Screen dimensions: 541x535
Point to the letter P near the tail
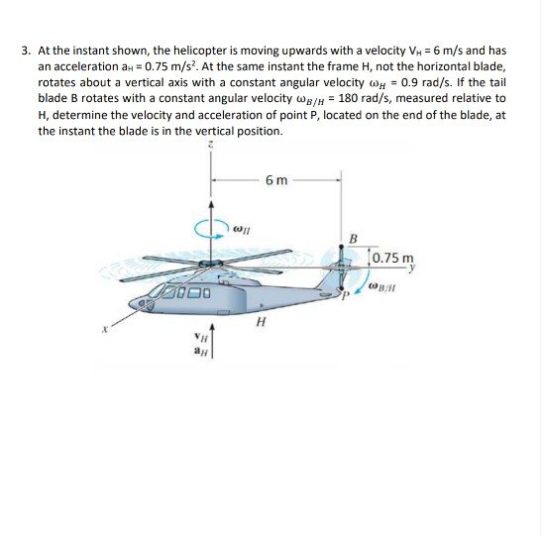point(343,293)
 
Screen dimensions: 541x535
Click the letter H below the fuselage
point(260,320)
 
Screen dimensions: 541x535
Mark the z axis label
point(209,145)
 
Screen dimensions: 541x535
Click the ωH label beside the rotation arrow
point(242,229)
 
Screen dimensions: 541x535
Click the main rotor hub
point(209,265)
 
